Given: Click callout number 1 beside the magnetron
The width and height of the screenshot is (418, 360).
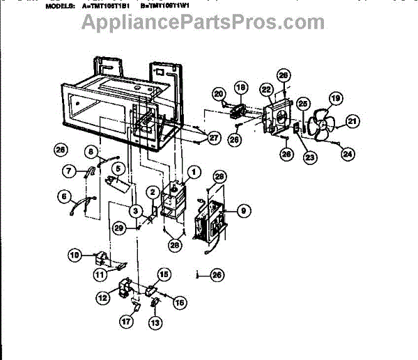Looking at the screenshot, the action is click(194, 171).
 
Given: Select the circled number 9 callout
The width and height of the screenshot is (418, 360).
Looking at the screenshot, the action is click(242, 209).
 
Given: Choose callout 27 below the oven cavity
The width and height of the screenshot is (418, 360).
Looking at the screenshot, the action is click(214, 138).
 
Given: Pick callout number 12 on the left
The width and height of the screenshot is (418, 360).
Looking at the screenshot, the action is click(102, 297).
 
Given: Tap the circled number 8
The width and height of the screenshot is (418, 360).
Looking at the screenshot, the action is click(91, 151).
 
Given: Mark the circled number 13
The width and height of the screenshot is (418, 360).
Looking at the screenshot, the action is click(155, 322).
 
